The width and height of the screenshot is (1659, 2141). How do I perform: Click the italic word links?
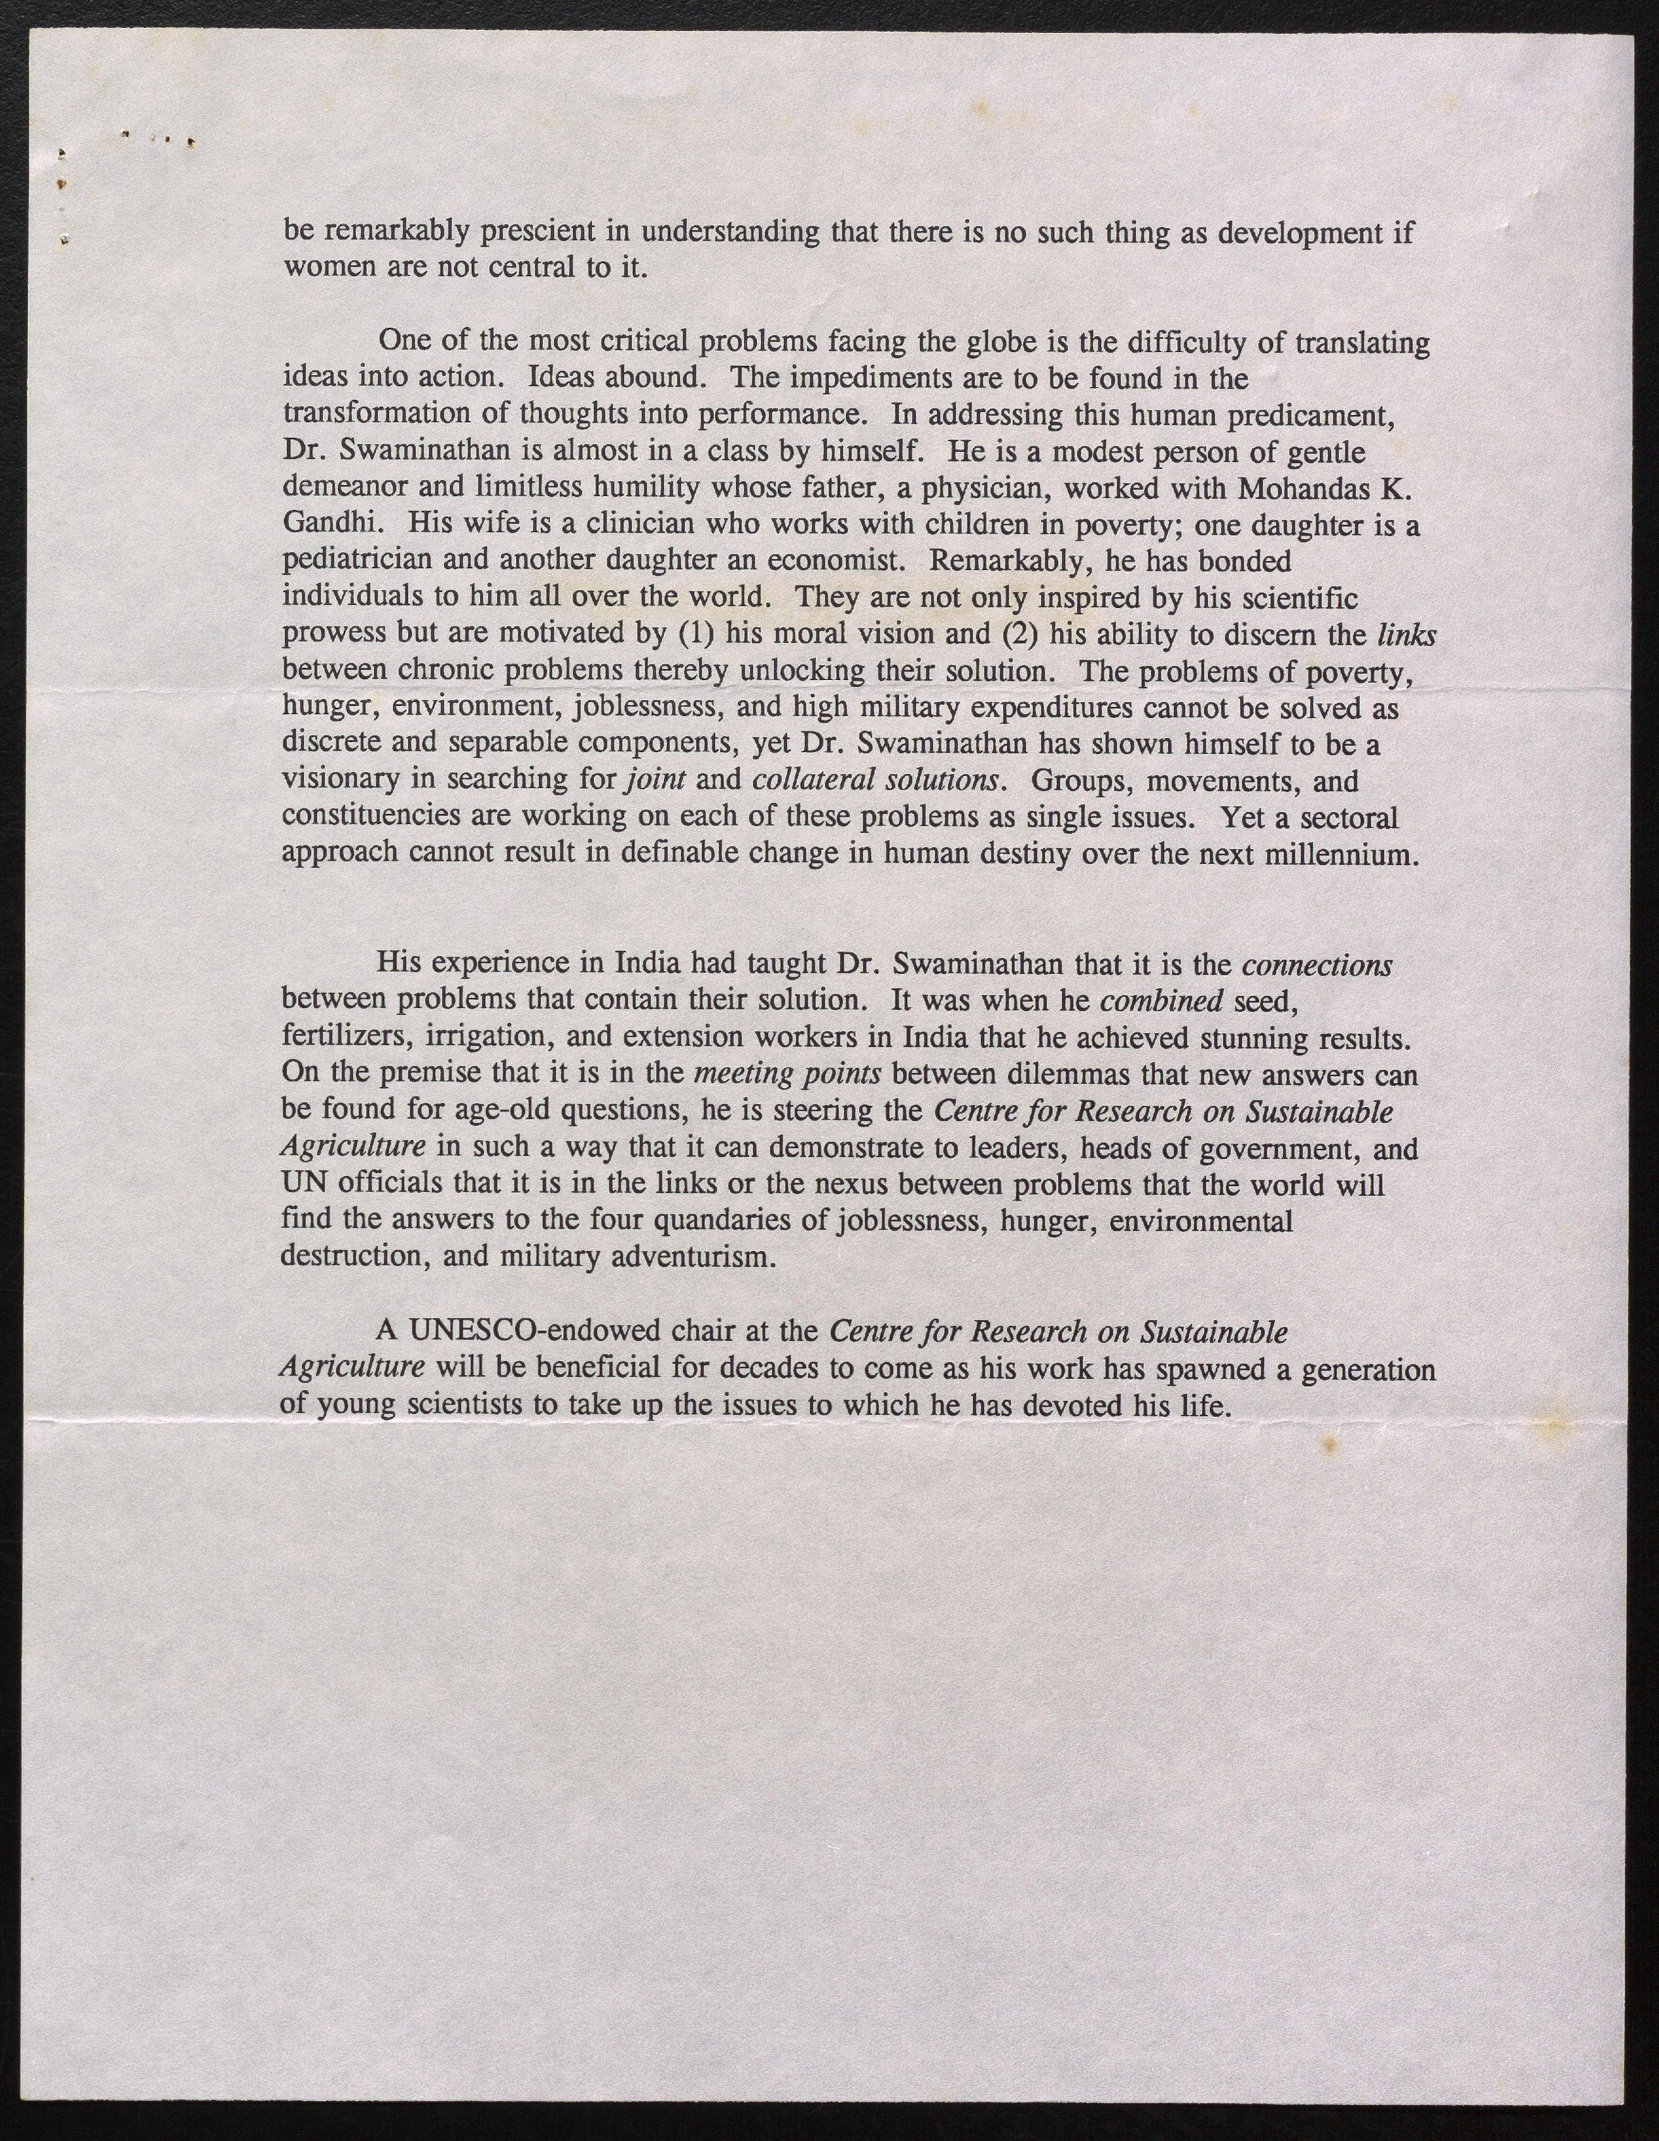click(1406, 634)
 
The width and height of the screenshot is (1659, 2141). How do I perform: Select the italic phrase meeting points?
click(788, 1074)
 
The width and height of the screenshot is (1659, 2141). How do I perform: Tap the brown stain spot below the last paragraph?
click(1330, 1444)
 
